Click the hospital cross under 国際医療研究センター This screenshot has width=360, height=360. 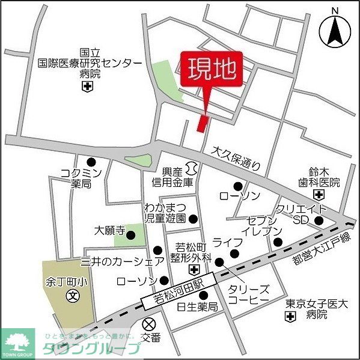tap(88, 88)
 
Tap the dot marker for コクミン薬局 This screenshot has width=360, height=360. tap(91, 162)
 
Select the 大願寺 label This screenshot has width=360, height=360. tap(109, 230)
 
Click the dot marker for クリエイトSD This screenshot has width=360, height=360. tap(319, 221)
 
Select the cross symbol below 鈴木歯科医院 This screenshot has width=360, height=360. tap(318, 194)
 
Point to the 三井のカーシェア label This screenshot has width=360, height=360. tap(122, 261)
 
